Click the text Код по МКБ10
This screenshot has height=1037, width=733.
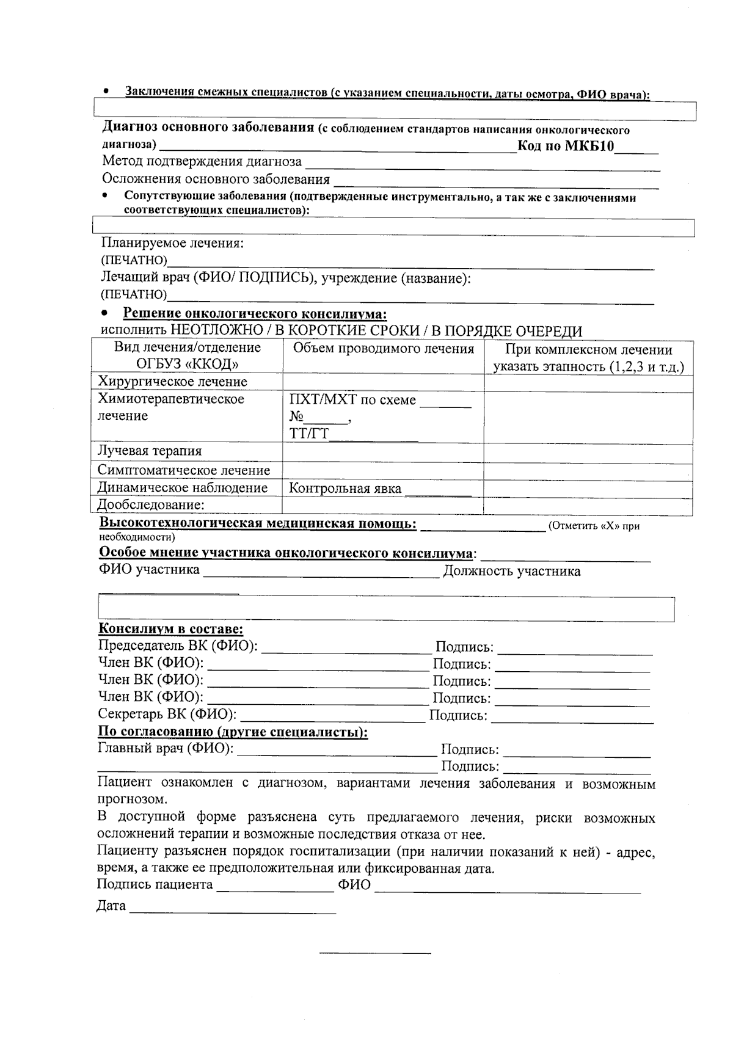pyautogui.click(x=565, y=146)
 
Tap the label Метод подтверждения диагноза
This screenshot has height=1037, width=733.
pyautogui.click(x=202, y=162)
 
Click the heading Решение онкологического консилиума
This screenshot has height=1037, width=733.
pyautogui.click(x=255, y=314)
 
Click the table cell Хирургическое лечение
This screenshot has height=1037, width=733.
pyautogui.click(x=172, y=382)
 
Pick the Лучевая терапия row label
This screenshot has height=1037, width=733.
pyautogui.click(x=150, y=451)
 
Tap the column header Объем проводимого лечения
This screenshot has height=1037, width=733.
pyautogui.click(x=384, y=349)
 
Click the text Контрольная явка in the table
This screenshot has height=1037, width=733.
pyautogui.click(x=345, y=489)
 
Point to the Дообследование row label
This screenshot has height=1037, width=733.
pyautogui.click(x=151, y=505)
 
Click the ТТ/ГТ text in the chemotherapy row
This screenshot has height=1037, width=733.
pyautogui.click(x=309, y=434)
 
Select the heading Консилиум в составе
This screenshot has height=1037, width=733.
pyautogui.click(x=170, y=629)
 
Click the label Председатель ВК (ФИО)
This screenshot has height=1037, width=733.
pyautogui.click(x=178, y=646)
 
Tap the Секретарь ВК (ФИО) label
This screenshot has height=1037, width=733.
pyautogui.click(x=167, y=714)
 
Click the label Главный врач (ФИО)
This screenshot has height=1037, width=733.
pyautogui.click(x=166, y=748)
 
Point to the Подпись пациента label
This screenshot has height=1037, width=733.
pyautogui.click(x=155, y=884)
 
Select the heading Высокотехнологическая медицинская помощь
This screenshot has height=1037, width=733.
pyautogui.click(x=258, y=524)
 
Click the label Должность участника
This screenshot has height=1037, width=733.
pyautogui.click(x=511, y=571)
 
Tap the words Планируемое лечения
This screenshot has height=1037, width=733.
pyautogui.click(x=172, y=243)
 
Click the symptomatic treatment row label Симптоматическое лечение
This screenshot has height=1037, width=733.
pyautogui.click(x=184, y=470)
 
